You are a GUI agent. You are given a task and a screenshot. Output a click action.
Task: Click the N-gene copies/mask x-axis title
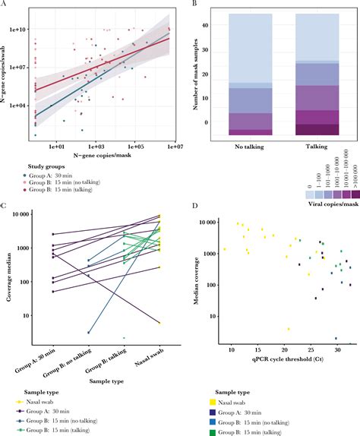(103, 154)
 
